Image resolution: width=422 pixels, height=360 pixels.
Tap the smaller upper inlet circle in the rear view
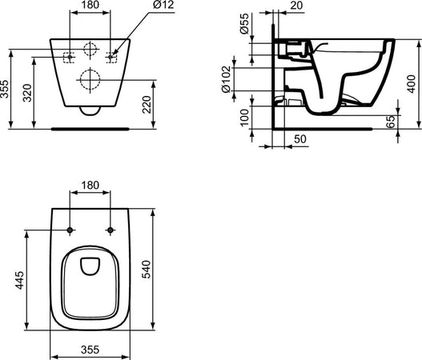coord(90,45)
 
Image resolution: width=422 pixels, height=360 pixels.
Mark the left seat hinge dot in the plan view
coord(70,230)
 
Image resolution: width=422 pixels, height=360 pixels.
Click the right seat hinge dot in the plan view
coord(107,230)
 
